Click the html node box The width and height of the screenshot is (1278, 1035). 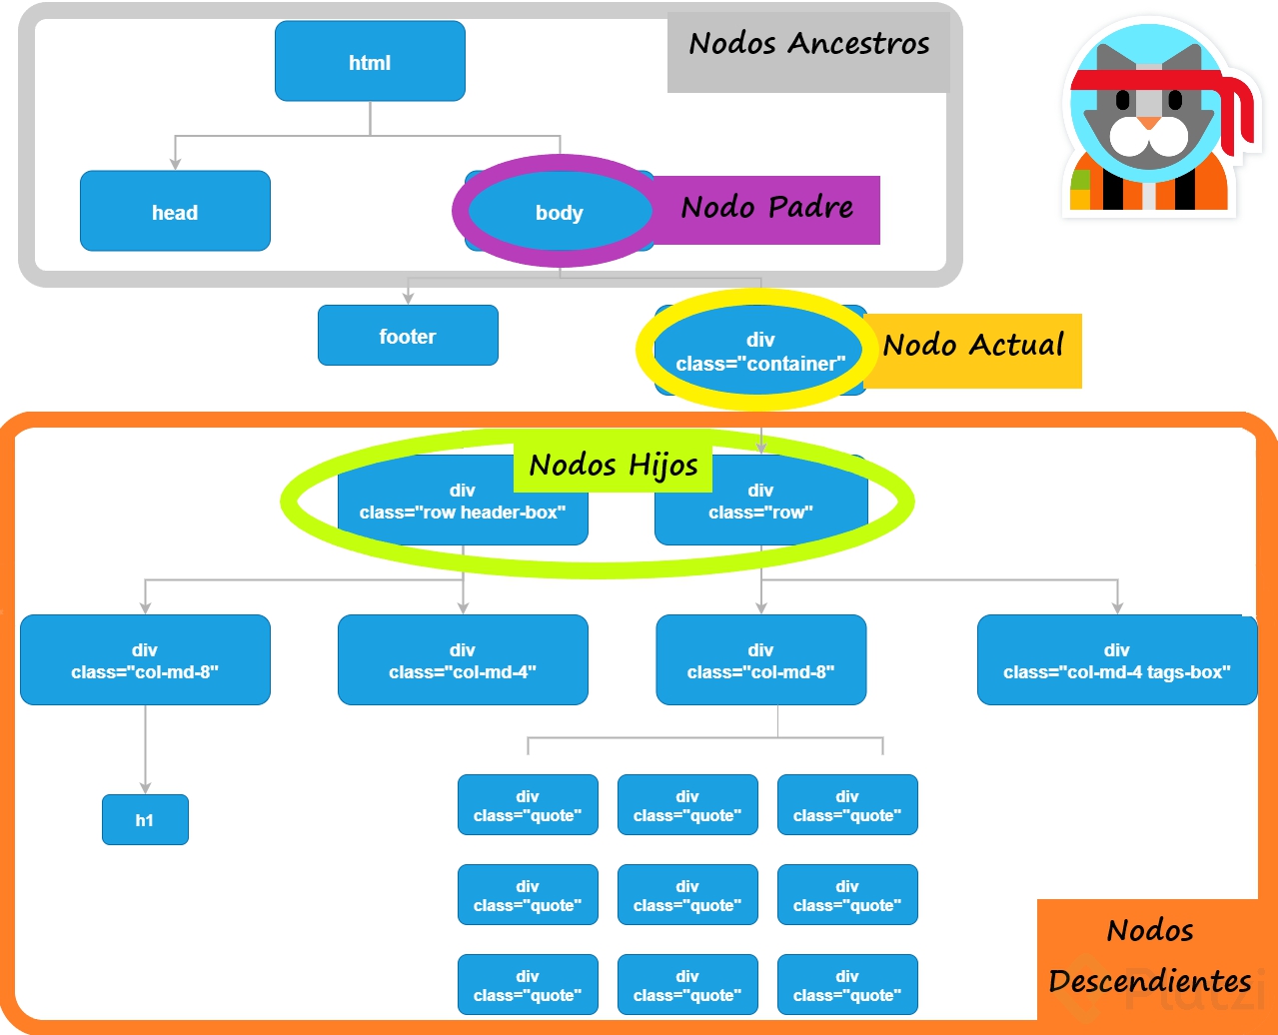point(370,62)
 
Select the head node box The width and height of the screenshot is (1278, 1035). point(175,211)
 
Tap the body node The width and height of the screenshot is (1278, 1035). point(559,212)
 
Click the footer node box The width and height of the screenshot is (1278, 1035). point(408,336)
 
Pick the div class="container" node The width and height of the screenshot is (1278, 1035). point(760,352)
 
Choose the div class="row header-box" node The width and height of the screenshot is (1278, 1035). point(463,502)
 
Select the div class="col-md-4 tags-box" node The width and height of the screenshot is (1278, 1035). point(1117,660)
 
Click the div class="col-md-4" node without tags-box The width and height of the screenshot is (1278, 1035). point(463,660)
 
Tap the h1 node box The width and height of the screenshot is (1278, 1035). point(145,820)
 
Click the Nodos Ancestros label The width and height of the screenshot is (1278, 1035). point(808,44)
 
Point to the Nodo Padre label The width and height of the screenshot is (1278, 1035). point(766,208)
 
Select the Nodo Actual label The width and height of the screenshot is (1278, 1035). point(973,346)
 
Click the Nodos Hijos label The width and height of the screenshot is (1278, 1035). point(613,465)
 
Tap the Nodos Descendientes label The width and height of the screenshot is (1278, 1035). point(1150,956)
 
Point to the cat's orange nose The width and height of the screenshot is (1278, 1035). point(1150,123)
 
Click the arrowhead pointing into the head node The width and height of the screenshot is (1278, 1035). point(176,163)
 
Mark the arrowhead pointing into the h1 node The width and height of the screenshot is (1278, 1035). point(145,787)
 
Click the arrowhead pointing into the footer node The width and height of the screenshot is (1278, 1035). point(408,298)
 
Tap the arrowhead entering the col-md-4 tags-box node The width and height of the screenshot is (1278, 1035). point(1117,606)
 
